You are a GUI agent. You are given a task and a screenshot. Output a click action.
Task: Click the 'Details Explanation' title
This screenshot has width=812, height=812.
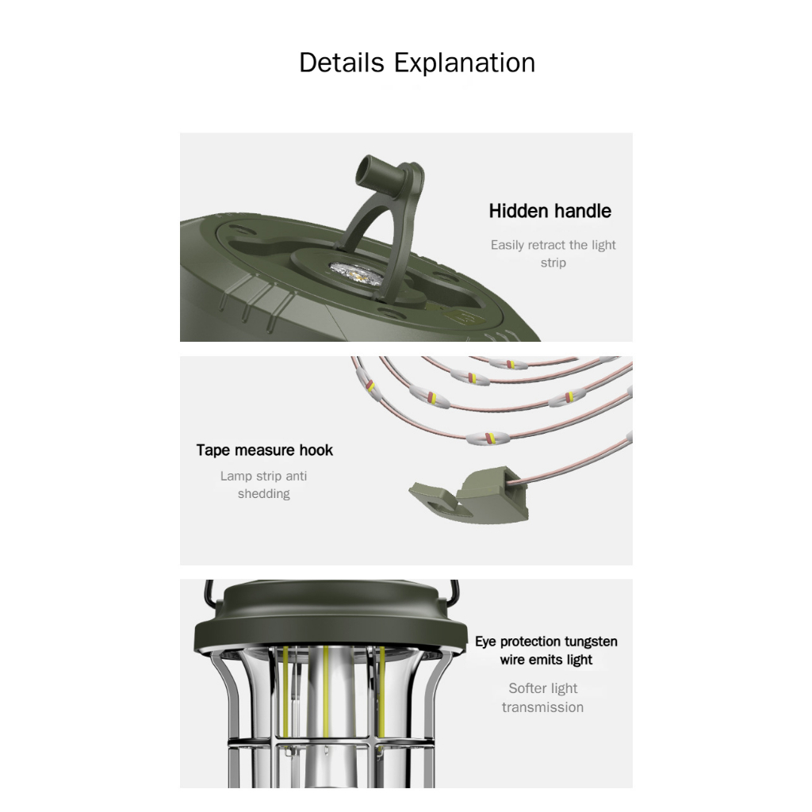(x=417, y=63)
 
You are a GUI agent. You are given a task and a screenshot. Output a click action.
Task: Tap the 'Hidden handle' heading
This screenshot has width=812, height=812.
(x=550, y=211)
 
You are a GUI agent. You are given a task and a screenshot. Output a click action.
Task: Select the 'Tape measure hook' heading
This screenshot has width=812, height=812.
(x=265, y=450)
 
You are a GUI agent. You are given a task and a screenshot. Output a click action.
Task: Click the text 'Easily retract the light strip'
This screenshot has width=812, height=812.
(x=553, y=253)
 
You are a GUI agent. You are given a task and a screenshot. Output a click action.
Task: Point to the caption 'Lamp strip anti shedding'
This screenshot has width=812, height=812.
(x=263, y=485)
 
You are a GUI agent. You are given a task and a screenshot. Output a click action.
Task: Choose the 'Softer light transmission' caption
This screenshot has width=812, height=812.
(x=542, y=698)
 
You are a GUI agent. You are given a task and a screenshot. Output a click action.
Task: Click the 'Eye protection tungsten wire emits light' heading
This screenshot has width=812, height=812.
(x=546, y=650)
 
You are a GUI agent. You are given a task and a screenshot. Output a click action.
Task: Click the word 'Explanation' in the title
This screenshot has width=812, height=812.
(x=465, y=63)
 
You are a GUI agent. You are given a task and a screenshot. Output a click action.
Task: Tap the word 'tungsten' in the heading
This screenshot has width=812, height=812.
(x=591, y=642)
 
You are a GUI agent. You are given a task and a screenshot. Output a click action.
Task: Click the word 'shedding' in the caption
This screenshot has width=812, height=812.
(x=263, y=493)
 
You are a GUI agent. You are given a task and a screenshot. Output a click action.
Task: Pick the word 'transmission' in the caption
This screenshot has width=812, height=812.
(x=542, y=707)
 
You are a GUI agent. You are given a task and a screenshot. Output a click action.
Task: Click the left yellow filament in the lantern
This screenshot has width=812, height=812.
(x=285, y=692)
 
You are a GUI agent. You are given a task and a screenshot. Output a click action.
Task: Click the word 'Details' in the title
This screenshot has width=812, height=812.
(x=342, y=63)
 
